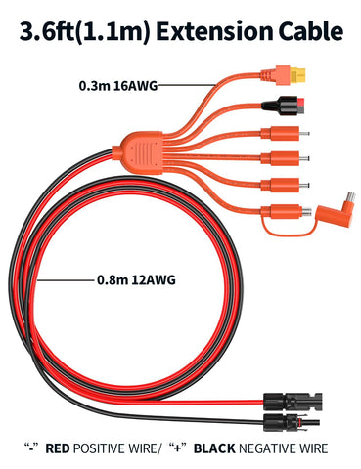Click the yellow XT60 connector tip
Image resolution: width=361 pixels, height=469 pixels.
[x=298, y=75]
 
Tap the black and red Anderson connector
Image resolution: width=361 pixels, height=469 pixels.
[x=284, y=106]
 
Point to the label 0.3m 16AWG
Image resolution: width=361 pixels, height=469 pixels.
[x=118, y=86]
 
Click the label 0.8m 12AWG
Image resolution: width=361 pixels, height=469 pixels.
[x=136, y=279]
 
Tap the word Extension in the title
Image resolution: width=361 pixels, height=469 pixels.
[x=214, y=31]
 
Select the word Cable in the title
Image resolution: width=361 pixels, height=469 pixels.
[x=310, y=31]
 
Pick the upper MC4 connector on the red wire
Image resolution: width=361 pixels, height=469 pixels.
[x=293, y=402]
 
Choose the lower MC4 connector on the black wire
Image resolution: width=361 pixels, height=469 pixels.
[x=292, y=422]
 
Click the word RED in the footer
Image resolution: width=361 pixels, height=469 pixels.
[x=58, y=448]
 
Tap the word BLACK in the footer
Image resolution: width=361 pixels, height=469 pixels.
[x=214, y=448]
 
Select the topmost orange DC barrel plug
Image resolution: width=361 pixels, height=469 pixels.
[x=285, y=133]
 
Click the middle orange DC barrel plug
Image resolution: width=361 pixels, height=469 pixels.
[x=285, y=158]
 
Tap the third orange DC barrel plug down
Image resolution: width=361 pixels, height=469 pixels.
[x=285, y=186]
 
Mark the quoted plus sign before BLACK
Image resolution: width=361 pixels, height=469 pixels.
[x=178, y=448]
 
